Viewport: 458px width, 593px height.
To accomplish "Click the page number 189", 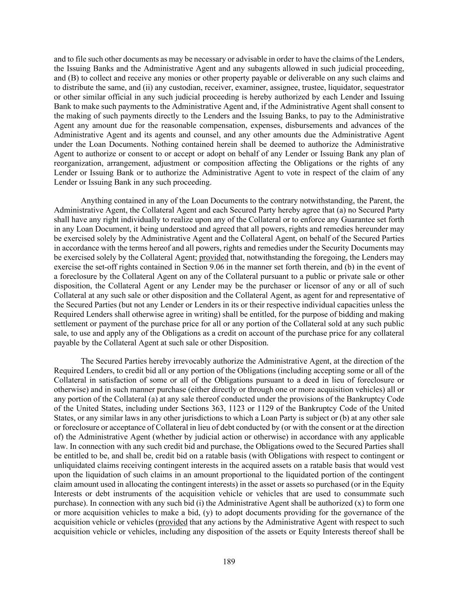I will [229, 562].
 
